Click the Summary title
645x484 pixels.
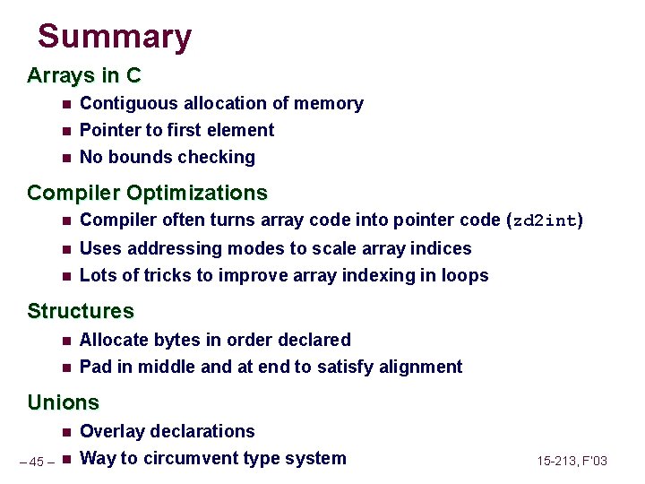click(x=115, y=37)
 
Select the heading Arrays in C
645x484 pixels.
click(x=84, y=74)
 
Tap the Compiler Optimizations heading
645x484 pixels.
click(x=147, y=193)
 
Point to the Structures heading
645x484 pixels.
click(x=81, y=311)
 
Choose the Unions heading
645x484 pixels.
click(x=63, y=402)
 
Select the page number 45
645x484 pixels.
click(x=37, y=462)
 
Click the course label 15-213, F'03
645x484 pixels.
click(x=572, y=461)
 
